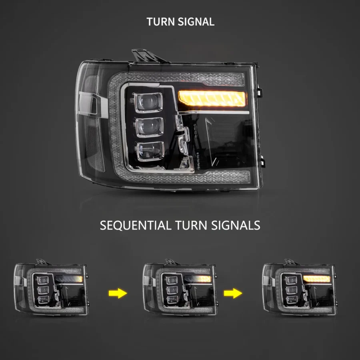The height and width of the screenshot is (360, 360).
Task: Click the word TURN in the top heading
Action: pyautogui.click(x=160, y=22)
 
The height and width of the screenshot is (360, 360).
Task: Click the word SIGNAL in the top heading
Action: pyautogui.click(x=196, y=22)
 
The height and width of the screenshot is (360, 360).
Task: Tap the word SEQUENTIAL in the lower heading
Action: pyautogui.click(x=136, y=225)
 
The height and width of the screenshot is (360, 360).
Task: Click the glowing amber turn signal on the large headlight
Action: pyautogui.click(x=212, y=98)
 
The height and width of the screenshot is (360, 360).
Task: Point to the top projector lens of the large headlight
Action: pyautogui.click(x=148, y=102)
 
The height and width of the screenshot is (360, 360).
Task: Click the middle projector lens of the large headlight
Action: pyautogui.click(x=150, y=127)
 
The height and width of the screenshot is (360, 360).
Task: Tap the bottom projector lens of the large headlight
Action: pyautogui.click(x=151, y=151)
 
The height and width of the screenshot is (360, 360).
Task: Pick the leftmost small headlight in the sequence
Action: pyautogui.click(x=51, y=287)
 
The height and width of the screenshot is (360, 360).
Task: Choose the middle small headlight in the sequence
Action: pyautogui.click(x=180, y=287)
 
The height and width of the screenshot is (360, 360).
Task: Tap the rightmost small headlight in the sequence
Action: pyautogui.click(x=299, y=287)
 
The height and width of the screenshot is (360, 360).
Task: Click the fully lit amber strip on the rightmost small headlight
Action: pyautogui.click(x=317, y=279)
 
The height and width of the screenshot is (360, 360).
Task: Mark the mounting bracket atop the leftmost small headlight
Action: pyautogui.click(x=43, y=262)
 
